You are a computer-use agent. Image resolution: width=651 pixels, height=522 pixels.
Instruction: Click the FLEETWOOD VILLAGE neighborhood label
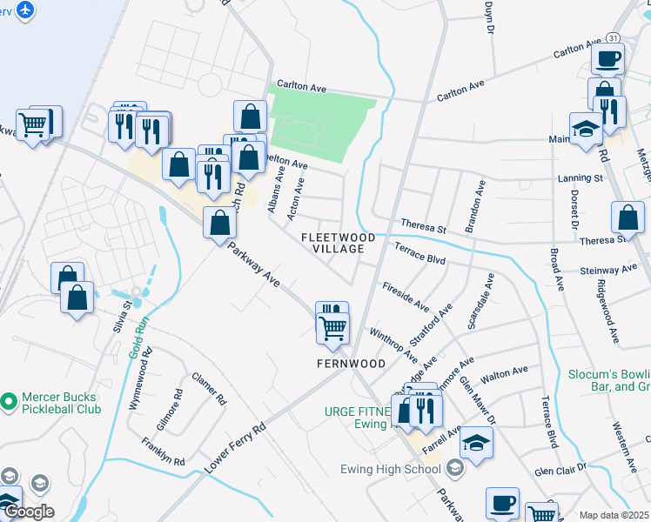[x=339, y=243]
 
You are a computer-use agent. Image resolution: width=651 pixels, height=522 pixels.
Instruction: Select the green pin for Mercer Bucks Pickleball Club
[x=9, y=402]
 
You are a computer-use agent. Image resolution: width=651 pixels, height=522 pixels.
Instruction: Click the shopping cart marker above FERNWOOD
[x=332, y=329]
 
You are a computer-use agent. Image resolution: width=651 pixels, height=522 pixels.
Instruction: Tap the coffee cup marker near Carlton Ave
[x=607, y=58]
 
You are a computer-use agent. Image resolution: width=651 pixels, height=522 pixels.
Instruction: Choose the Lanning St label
[x=581, y=177]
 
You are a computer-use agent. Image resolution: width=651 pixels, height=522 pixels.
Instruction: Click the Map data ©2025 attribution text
[x=614, y=515]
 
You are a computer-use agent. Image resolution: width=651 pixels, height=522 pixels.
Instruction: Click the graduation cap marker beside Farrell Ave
[x=476, y=444]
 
